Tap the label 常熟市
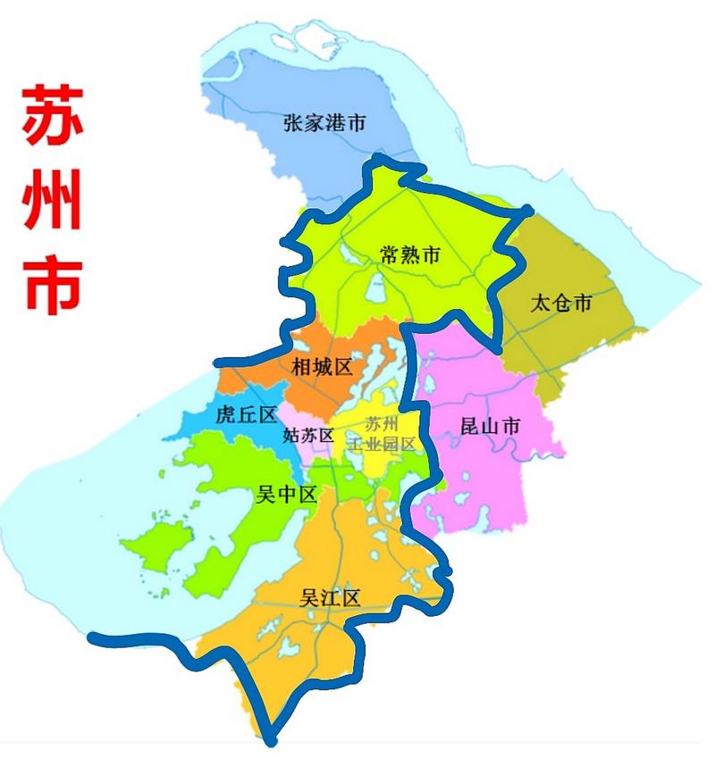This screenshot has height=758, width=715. pos(409,255)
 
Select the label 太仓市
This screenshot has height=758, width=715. pos(561,303)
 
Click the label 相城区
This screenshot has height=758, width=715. pos(323,366)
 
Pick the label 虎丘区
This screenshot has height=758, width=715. pos(248,414)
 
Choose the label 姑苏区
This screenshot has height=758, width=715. pos(307,436)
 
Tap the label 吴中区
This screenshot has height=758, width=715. pos(287,496)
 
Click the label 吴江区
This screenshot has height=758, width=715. pos(331,597)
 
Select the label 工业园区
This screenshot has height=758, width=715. pos(383,444)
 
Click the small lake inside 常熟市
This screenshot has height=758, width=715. pos(376,289)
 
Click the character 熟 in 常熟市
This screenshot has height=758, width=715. pos(409,255)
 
